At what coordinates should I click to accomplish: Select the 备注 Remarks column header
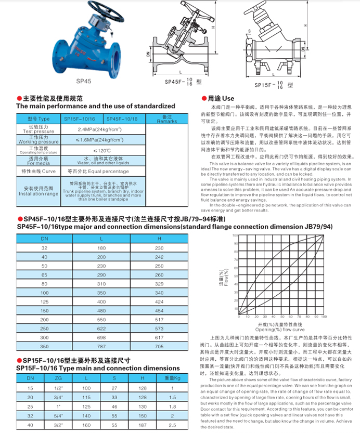point(167,119)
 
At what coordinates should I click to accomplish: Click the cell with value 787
point(101,345)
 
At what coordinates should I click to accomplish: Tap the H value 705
point(159,345)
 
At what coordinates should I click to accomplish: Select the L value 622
point(101,328)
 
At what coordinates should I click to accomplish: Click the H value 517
point(159,320)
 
